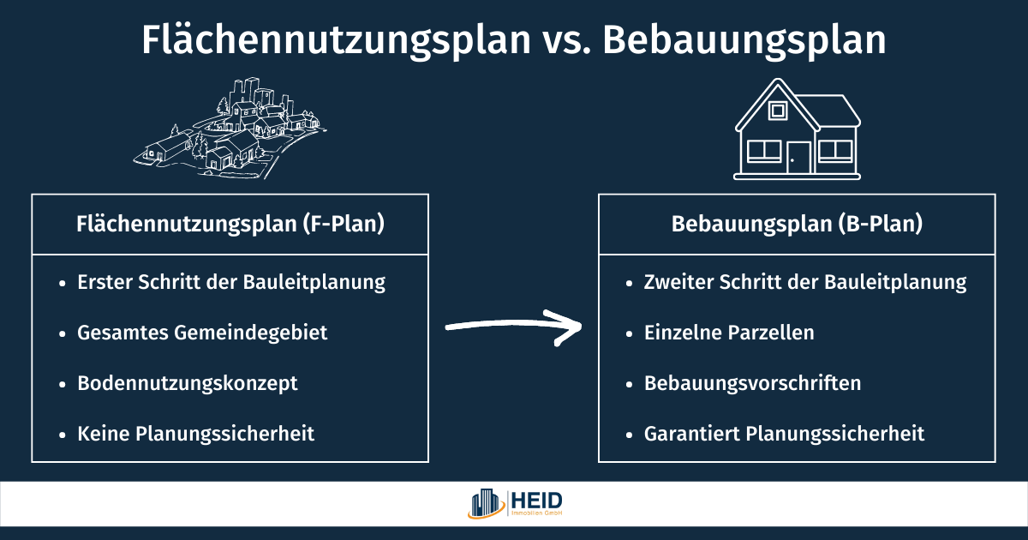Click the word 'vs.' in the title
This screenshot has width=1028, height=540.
pos(566,41)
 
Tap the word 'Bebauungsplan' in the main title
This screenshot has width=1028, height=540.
pos(744,41)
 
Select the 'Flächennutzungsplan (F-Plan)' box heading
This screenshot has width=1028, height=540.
pos(230,224)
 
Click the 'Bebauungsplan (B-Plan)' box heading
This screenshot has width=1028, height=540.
pos(797,224)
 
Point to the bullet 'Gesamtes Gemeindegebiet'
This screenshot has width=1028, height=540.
pos(202,333)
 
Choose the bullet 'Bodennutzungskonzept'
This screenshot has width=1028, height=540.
pos(188,383)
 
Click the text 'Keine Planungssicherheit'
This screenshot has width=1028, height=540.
pos(195,434)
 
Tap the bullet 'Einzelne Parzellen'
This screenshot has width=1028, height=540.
pos(729,333)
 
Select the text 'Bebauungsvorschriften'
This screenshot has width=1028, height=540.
pos(752,383)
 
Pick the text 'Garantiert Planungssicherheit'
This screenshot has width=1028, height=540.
pos(784,434)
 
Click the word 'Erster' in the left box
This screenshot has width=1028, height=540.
pos(104,282)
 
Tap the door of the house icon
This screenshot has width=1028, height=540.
pos(799,158)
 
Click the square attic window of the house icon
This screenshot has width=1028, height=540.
pos(778,111)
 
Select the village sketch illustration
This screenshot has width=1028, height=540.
pos(230,128)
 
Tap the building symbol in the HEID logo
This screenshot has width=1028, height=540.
pos(487,504)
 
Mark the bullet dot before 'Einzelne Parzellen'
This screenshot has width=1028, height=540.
pos(629,333)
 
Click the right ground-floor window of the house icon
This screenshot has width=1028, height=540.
pos(834,152)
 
